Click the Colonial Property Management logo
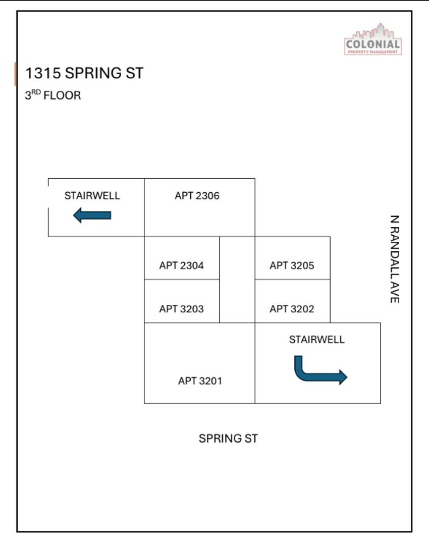(x=373, y=39)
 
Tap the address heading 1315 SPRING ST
(x=84, y=73)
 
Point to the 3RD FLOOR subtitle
(x=53, y=95)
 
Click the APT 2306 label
(x=197, y=196)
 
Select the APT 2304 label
(x=182, y=265)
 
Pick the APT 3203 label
(x=182, y=309)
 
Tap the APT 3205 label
(x=292, y=265)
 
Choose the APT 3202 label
(x=292, y=309)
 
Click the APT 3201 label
(x=200, y=381)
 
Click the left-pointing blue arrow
(x=92, y=215)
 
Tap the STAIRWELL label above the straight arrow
(x=92, y=196)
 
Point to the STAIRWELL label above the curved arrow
(x=317, y=340)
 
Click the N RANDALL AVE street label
(x=395, y=259)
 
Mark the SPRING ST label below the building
(x=228, y=439)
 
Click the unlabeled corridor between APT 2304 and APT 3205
(x=237, y=280)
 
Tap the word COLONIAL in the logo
(x=373, y=44)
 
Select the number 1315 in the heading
(x=43, y=73)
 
